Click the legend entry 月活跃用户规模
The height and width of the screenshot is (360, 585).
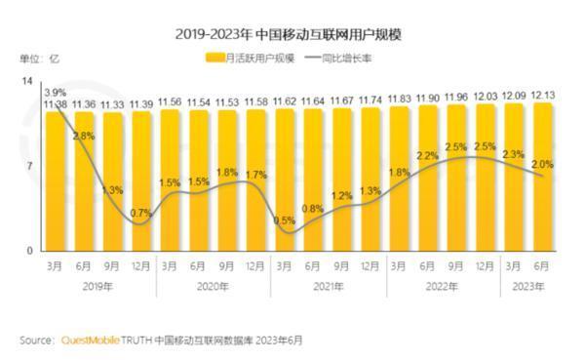click(x=254, y=59)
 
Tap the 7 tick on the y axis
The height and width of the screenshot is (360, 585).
click(x=30, y=166)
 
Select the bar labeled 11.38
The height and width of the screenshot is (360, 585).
click(x=55, y=180)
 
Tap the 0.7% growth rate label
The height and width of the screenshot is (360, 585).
click(x=139, y=213)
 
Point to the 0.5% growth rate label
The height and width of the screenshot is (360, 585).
click(x=284, y=220)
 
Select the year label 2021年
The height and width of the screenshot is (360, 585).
click(x=327, y=286)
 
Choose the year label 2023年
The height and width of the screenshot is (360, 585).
click(x=527, y=286)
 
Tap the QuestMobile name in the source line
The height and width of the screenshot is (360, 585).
click(x=90, y=340)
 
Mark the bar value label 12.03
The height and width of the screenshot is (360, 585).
click(x=485, y=98)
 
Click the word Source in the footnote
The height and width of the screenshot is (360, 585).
click(x=35, y=340)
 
